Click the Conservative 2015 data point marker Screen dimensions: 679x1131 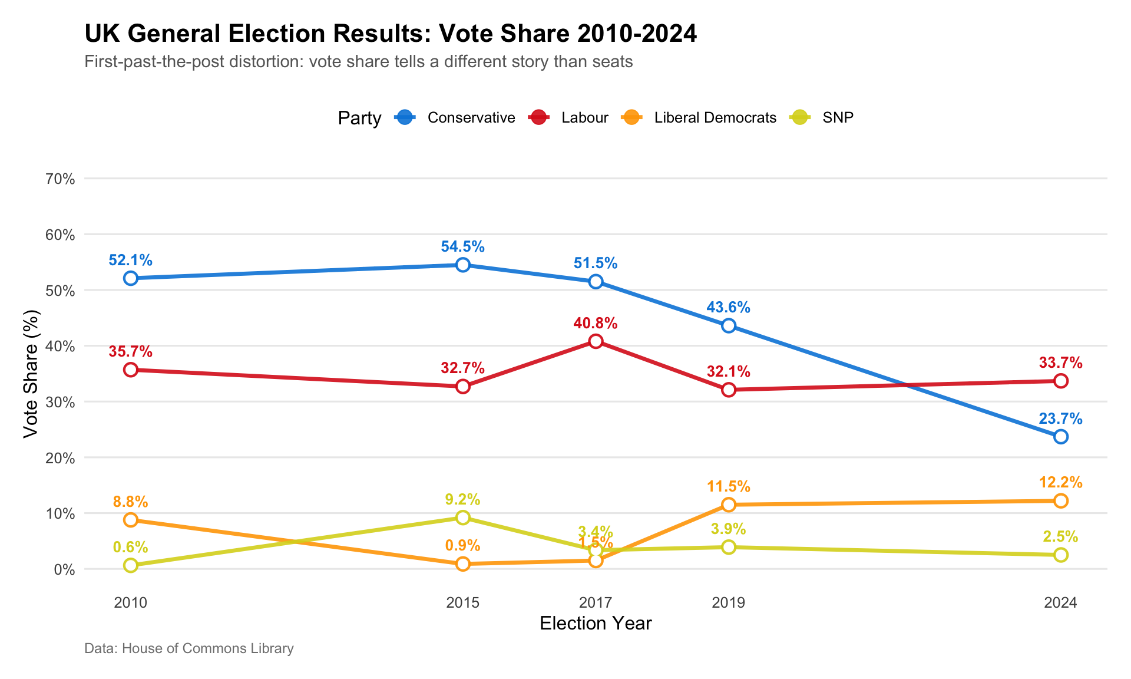pyautogui.click(x=463, y=265)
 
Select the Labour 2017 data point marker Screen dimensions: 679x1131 pyautogui.click(x=596, y=341)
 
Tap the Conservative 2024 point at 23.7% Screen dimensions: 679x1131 pyautogui.click(x=1061, y=437)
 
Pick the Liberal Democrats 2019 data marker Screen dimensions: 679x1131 pyautogui.click(x=729, y=505)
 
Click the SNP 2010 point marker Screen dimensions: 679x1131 pyautogui.click(x=131, y=565)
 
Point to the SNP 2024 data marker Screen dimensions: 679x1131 pyautogui.click(x=1061, y=555)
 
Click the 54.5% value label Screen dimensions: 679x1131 pyautogui.click(x=463, y=247)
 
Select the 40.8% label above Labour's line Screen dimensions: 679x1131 pyautogui.click(x=596, y=323)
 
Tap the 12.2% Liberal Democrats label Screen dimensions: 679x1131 pyautogui.click(x=1061, y=483)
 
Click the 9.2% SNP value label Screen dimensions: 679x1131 pyautogui.click(x=463, y=500)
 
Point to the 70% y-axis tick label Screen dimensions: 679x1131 pyautogui.click(x=60, y=179)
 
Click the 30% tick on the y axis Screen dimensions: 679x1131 pyautogui.click(x=60, y=403)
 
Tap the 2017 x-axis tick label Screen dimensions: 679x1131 pyautogui.click(x=596, y=603)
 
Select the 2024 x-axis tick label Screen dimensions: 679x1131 pyautogui.click(x=1060, y=603)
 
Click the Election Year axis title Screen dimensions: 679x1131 pyautogui.click(x=596, y=624)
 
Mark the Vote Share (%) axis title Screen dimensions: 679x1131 pyautogui.click(x=31, y=374)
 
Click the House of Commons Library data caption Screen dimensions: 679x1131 pyautogui.click(x=189, y=649)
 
